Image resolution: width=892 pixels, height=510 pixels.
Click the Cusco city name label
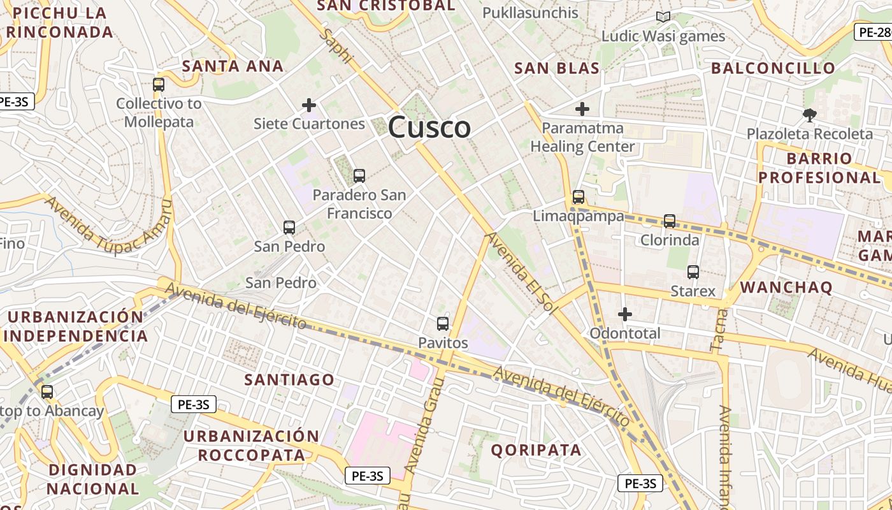429,127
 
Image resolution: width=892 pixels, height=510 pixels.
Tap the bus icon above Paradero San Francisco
359,175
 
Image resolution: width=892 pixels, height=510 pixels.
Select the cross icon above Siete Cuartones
309,105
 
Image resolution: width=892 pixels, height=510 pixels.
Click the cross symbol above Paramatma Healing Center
582,109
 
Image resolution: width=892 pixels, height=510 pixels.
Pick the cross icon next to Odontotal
625,314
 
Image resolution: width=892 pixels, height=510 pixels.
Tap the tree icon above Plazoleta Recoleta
809,115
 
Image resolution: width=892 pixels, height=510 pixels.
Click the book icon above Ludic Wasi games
663,17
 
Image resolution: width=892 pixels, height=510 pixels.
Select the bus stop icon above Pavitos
443,323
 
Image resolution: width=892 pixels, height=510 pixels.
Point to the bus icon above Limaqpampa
579,197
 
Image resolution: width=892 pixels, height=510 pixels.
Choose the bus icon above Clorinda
670,221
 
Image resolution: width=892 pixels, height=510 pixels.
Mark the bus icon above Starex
693,272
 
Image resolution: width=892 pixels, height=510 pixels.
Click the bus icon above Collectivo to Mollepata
159,84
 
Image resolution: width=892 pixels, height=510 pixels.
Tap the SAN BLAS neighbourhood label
557,68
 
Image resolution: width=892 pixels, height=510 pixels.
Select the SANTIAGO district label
289,379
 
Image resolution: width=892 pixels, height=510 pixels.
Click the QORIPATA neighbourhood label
536,450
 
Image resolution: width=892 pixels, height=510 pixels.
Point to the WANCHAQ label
786,287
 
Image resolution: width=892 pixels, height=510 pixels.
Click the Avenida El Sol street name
519,273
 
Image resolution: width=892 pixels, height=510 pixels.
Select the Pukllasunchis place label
530,12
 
